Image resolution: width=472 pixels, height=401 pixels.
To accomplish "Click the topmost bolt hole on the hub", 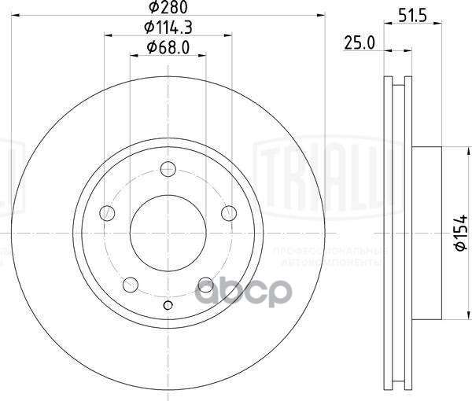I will [x=167, y=168].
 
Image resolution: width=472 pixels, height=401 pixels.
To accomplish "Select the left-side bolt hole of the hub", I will [x=106, y=212].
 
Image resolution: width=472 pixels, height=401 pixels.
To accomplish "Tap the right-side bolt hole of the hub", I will [x=229, y=212].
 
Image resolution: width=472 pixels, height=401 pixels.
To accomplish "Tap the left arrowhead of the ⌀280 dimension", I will [x=17, y=15].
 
